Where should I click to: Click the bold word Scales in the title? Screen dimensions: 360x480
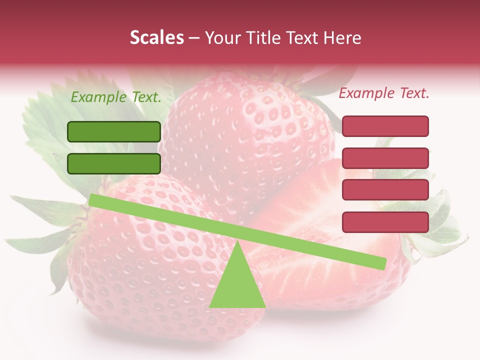(156, 38)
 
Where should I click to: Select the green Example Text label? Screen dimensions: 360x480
(116, 97)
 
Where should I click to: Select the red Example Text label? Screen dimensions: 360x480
(384, 93)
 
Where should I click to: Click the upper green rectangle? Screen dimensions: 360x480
(114, 131)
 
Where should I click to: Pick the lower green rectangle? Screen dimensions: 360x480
(114, 163)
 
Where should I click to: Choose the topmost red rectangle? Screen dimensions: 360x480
(385, 126)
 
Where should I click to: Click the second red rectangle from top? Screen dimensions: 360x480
(385, 158)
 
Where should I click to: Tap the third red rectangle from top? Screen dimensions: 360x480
(385, 190)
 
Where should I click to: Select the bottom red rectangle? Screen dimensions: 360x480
(385, 222)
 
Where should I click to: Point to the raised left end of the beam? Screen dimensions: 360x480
(93, 200)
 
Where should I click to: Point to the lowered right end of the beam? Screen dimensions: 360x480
(381, 263)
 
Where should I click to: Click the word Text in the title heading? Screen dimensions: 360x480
(304, 38)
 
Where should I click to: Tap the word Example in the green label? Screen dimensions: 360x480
(98, 97)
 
